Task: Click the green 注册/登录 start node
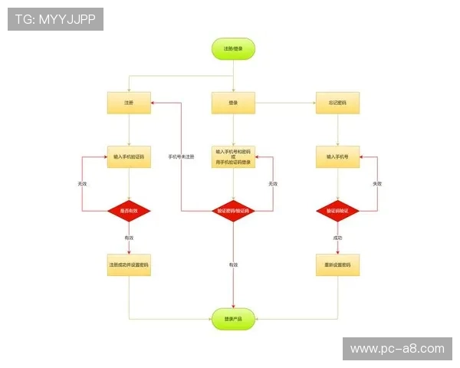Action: coord(233,49)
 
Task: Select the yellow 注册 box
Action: coord(129,103)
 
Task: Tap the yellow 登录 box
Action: coord(233,103)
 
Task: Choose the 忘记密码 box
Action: coord(337,103)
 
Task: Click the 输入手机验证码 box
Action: coord(129,156)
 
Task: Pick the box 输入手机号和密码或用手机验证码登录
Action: coord(233,156)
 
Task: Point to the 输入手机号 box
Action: coord(337,156)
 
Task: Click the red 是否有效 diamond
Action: coord(129,210)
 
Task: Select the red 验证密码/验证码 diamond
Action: coord(233,210)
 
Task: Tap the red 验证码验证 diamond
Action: coord(337,210)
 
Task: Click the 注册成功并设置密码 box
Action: coord(129,264)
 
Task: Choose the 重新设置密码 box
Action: coord(337,264)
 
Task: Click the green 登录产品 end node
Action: coord(233,318)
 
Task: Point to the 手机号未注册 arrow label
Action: coord(181,156)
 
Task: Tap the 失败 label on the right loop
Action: coord(377,184)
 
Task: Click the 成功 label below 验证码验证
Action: coord(337,238)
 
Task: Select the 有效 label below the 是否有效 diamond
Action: coord(129,238)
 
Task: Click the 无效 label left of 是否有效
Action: coord(82,184)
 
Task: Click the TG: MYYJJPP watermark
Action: coord(55,19)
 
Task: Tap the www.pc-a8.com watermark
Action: coord(396,349)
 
